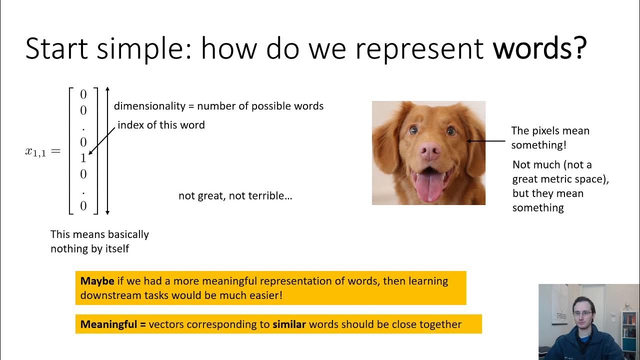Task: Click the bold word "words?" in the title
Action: click(x=539, y=48)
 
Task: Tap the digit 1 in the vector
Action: click(x=83, y=158)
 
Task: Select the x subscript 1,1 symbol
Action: click(x=36, y=152)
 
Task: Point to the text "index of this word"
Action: click(x=161, y=125)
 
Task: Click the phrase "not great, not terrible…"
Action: click(x=235, y=195)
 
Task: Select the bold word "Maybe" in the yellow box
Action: click(x=97, y=281)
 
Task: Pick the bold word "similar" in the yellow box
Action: click(x=289, y=324)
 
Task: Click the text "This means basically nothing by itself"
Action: click(x=99, y=241)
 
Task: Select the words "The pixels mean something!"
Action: click(x=550, y=137)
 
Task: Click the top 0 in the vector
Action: click(x=83, y=94)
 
